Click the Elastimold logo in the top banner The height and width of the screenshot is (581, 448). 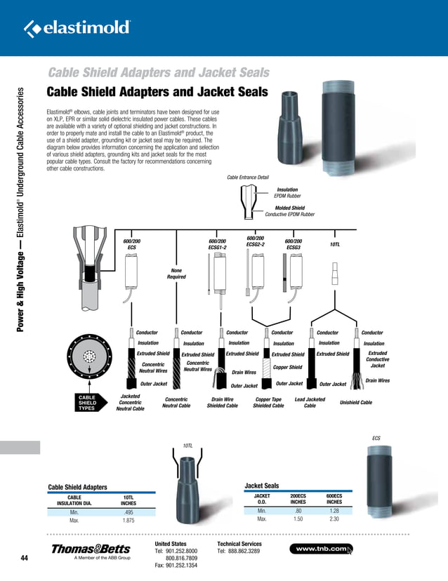(x=77, y=27)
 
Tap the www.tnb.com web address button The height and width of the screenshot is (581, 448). (x=324, y=548)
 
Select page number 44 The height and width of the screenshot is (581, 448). (x=25, y=558)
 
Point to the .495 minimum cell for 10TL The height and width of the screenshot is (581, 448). (x=129, y=512)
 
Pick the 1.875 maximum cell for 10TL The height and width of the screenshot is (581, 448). (x=129, y=521)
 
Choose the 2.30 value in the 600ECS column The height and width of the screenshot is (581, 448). (x=334, y=519)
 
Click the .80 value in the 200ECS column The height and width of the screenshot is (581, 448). (x=298, y=511)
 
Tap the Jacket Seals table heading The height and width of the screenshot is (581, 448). (x=261, y=485)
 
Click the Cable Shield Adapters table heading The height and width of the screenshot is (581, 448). (x=77, y=486)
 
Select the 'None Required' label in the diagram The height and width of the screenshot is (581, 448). (x=176, y=273)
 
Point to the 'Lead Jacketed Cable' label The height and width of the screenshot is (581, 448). (x=310, y=401)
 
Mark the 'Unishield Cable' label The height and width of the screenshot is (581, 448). (x=355, y=403)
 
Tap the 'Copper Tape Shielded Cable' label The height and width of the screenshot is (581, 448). (x=268, y=401)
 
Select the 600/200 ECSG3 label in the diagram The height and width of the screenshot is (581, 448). (x=294, y=244)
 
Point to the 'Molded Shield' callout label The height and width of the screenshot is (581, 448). (x=290, y=208)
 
